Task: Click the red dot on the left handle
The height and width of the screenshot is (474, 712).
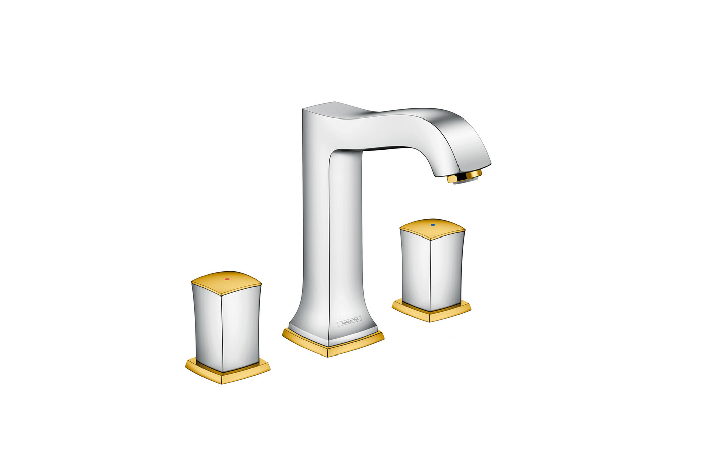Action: click(x=227, y=278)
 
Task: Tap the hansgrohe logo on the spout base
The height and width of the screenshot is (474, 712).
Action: click(x=349, y=321)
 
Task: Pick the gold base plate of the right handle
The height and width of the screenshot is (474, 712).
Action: click(x=431, y=312)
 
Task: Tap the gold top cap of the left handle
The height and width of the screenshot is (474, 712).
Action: click(x=226, y=282)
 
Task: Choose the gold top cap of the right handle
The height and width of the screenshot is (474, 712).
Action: click(x=432, y=227)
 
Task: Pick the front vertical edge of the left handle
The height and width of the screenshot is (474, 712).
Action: click(x=221, y=328)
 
